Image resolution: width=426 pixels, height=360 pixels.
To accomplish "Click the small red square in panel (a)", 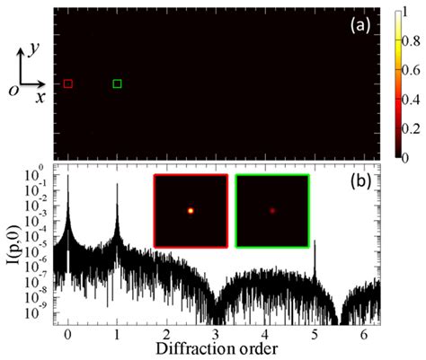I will click(68, 83).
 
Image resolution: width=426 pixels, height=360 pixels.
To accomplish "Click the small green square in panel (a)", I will click(117, 83).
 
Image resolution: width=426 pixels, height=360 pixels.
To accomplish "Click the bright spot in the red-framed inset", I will click(191, 211).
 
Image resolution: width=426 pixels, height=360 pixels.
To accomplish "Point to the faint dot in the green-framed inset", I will click(272, 211).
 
